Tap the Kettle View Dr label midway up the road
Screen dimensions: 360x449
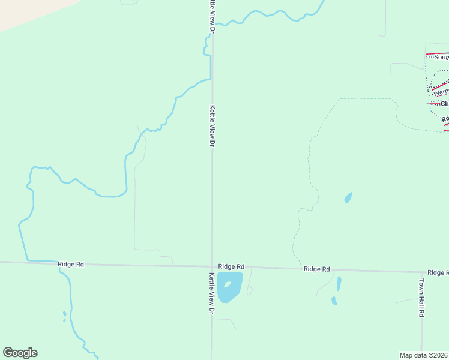212,126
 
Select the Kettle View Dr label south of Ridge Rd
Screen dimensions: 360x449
212,293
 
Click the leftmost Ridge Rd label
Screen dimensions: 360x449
71,264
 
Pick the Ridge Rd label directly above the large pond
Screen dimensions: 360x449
231,266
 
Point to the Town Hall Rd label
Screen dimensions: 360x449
422,298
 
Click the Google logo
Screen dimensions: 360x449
20,353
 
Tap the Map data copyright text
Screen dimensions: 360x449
424,355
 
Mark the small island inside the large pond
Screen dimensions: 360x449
228,284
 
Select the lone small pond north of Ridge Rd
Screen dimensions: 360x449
348,197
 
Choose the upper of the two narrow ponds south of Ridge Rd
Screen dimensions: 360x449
339,283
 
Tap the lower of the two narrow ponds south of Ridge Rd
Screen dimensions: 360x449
334,301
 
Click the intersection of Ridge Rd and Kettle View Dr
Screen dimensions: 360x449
212,266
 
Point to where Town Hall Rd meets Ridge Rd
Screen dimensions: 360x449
422,271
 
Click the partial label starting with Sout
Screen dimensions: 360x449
441,58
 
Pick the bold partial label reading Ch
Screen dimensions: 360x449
444,104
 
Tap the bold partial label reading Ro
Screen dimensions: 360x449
445,119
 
